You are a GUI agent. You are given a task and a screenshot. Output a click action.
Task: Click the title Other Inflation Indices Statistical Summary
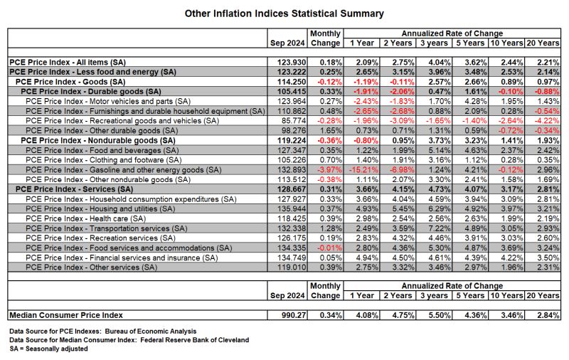tap(284, 14)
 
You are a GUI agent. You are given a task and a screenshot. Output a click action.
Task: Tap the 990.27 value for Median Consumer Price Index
tap(294, 315)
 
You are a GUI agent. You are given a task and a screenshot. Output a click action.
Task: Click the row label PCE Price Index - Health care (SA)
tap(85, 218)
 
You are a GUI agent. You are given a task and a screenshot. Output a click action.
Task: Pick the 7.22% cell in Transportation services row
tap(440, 228)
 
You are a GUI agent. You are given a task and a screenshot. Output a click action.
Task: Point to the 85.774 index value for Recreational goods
tap(294, 121)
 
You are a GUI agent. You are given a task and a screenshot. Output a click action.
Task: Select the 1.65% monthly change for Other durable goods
tap(331, 131)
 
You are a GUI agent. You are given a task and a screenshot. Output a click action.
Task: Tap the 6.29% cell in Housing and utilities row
tap(440, 208)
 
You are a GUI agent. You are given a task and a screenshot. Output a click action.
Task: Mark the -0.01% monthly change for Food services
tap(329, 248)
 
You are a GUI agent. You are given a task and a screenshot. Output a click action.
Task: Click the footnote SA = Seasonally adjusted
tap(48, 349)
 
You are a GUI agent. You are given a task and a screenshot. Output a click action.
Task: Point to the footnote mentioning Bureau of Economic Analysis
tap(102, 332)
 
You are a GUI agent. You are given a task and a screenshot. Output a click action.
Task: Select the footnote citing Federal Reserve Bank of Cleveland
tap(129, 340)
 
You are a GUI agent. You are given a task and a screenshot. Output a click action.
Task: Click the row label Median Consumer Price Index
tap(66, 315)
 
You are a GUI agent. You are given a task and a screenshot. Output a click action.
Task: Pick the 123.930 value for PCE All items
tap(292, 63)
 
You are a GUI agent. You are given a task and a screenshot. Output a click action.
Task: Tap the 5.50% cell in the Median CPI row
tap(440, 315)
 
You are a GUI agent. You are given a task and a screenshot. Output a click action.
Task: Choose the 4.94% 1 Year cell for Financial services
tap(367, 258)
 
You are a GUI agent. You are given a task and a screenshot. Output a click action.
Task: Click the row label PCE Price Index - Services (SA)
tap(75, 189)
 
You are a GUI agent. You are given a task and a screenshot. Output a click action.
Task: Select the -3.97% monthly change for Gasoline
tap(329, 170)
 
